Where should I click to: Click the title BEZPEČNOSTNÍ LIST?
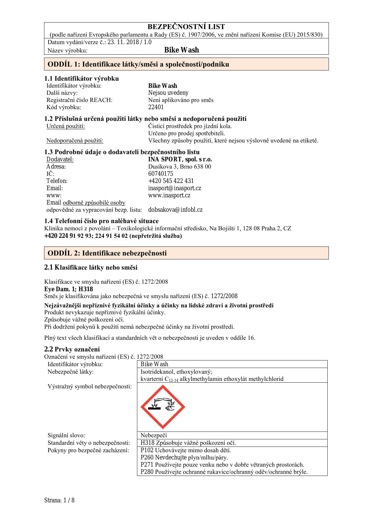click(x=186, y=27)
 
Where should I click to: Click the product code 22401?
click(x=156, y=107)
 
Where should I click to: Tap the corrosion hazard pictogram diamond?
click(x=163, y=407)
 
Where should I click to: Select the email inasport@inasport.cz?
click(x=174, y=188)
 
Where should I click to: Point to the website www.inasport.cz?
click(x=169, y=195)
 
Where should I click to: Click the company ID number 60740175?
click(x=161, y=174)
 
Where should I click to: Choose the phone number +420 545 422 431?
click(x=171, y=181)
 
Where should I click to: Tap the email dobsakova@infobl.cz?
click(x=175, y=210)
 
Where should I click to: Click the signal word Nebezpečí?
click(x=153, y=435)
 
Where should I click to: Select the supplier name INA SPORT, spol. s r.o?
click(x=180, y=159)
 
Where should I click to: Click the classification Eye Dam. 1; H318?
click(x=68, y=289)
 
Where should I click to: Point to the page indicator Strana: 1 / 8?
click(x=59, y=500)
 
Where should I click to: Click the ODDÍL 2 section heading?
click(x=107, y=253)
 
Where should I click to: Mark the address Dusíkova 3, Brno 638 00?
click(x=180, y=166)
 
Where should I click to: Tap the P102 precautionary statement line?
click(x=186, y=450)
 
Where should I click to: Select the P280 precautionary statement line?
click(x=224, y=472)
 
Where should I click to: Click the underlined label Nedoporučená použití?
click(x=75, y=140)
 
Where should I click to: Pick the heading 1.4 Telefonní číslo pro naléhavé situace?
click(x=101, y=221)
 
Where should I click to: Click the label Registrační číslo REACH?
click(x=79, y=100)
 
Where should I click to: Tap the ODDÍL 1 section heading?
click(x=138, y=64)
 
